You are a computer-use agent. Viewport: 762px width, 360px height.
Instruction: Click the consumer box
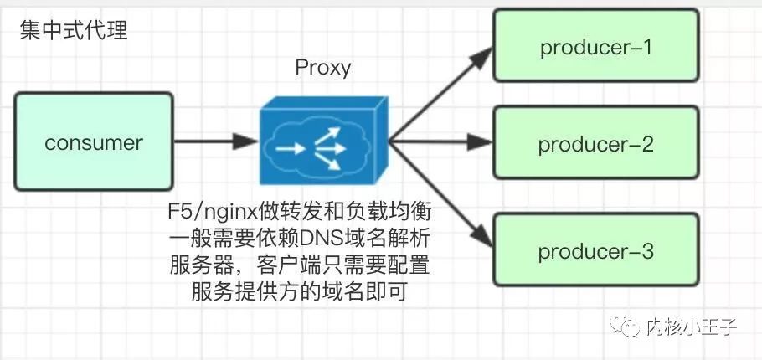(x=93, y=143)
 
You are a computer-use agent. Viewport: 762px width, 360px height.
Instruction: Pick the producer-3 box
(x=595, y=251)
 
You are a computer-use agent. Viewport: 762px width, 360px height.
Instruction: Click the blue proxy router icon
(x=322, y=143)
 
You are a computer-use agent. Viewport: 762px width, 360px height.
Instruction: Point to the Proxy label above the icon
(x=322, y=68)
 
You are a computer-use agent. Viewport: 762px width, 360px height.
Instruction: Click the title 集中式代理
(x=73, y=32)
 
